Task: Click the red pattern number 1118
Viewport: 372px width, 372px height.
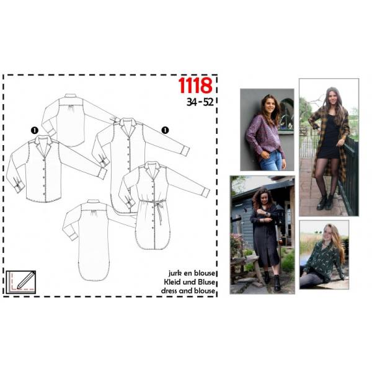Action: [x=195, y=86]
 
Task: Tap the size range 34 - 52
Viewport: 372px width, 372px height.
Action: [x=200, y=102]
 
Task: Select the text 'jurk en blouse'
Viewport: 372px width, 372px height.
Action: [x=192, y=273]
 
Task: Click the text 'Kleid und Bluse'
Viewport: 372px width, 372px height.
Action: [x=190, y=282]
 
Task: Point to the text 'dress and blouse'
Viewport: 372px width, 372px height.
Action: [x=188, y=291]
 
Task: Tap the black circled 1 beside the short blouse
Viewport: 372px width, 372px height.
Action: [x=35, y=130]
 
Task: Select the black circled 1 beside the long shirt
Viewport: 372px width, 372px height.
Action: [x=165, y=130]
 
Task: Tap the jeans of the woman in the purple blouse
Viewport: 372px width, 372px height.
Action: [x=272, y=160]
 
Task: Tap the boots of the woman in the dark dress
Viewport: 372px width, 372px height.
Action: [x=272, y=281]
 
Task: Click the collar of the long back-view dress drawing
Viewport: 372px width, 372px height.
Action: [x=94, y=201]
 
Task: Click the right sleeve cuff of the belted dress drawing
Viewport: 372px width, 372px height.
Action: [x=206, y=192]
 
